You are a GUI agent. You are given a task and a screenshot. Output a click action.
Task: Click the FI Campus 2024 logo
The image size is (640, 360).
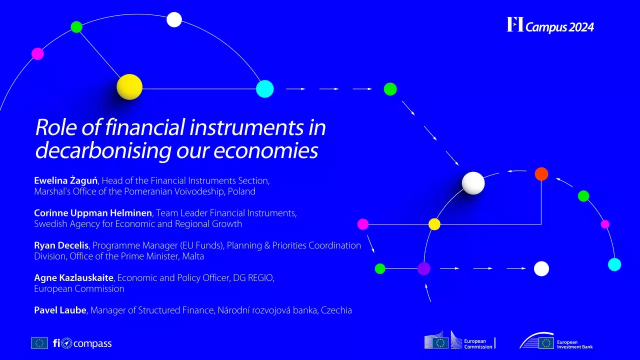click(550, 25)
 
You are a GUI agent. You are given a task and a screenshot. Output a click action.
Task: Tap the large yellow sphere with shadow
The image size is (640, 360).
click(129, 87)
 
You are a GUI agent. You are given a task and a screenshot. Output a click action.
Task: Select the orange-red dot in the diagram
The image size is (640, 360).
click(541, 174)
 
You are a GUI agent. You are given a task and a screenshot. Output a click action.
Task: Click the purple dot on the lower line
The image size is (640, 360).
click(424, 268)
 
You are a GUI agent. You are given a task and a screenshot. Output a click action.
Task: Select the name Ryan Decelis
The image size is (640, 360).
click(61, 245)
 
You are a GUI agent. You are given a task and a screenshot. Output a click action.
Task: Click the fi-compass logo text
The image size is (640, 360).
click(82, 343)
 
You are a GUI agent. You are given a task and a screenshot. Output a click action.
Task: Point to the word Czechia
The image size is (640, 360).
click(336, 310)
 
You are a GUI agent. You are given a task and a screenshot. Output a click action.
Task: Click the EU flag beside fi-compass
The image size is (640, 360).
click(39, 343)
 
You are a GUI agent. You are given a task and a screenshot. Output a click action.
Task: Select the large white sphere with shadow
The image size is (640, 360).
click(473, 183)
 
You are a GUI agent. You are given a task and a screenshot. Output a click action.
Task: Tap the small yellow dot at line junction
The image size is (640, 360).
click(434, 224)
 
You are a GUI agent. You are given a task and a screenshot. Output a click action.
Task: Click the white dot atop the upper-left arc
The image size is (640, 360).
click(174, 19)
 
